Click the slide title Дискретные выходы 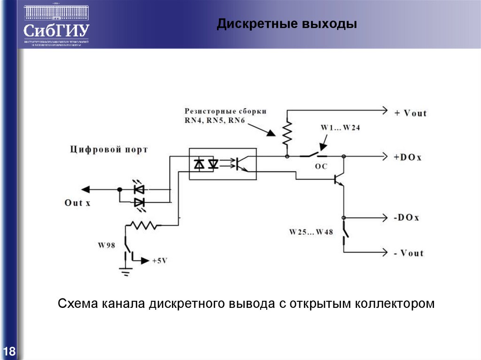287,24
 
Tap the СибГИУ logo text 56,31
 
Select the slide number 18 9,352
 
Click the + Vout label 410,113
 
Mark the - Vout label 408,253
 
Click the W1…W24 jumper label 341,128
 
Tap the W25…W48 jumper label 311,231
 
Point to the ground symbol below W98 125,269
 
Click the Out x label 78,203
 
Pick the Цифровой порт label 109,150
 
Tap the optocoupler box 223,163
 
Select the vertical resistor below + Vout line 287,133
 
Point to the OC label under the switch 321,166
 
